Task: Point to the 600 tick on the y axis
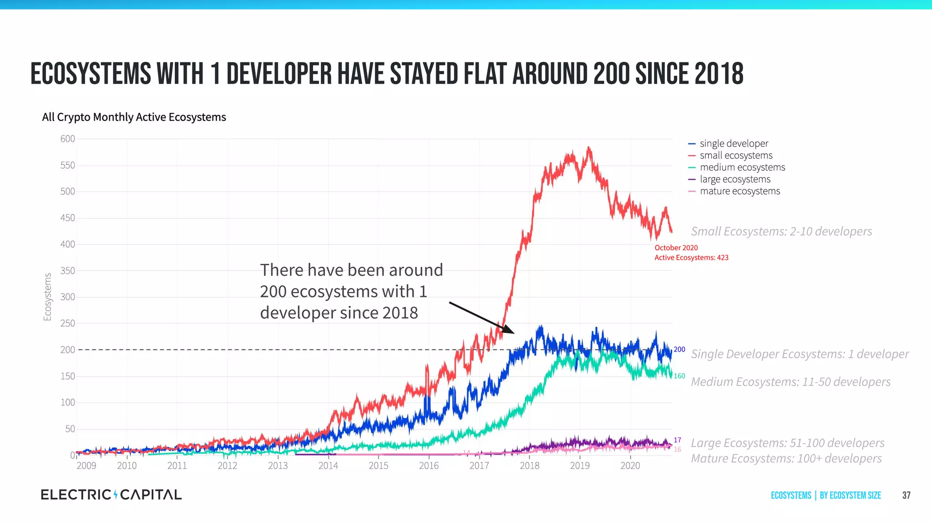click(x=67, y=139)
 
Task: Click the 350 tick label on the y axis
click(x=67, y=271)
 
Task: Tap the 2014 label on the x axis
click(x=328, y=466)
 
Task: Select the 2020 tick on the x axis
click(x=630, y=466)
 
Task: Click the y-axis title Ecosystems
click(x=47, y=297)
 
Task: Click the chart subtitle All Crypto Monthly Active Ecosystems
click(x=134, y=117)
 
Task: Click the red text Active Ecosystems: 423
click(x=691, y=258)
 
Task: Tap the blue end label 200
click(x=679, y=349)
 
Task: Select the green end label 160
click(x=679, y=376)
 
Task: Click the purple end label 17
click(x=678, y=440)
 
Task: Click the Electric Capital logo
click(x=111, y=495)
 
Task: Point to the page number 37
click(x=906, y=495)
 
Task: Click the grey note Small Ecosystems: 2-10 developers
click(x=781, y=232)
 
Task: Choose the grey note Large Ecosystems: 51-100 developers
click(x=787, y=443)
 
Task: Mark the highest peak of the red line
click(x=588, y=147)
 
